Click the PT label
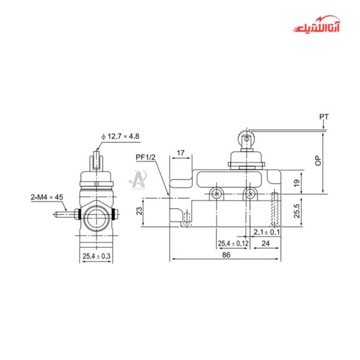coord(324,116)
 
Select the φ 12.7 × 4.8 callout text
coord(121,136)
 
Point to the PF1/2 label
coord(146,157)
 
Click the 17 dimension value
coord(181,154)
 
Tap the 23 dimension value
coord(139,211)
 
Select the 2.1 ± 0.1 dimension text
coord(267,232)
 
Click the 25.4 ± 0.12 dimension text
coord(233,244)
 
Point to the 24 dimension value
coord(266,244)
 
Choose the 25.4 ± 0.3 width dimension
coord(96,257)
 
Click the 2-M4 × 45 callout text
coord(47,197)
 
